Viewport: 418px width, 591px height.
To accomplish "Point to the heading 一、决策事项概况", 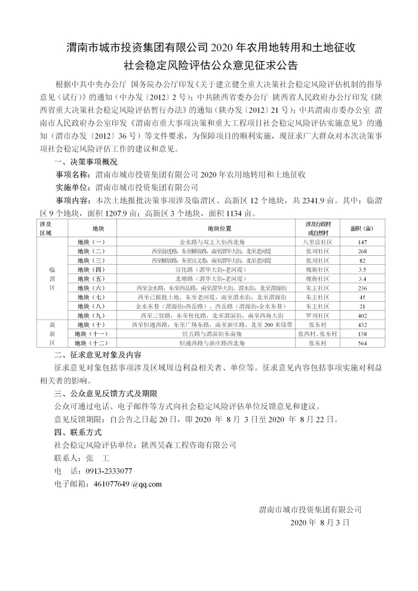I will pyautogui.click(x=86, y=163).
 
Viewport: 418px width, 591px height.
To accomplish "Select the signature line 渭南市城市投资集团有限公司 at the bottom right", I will pyautogui.click(x=310, y=509).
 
